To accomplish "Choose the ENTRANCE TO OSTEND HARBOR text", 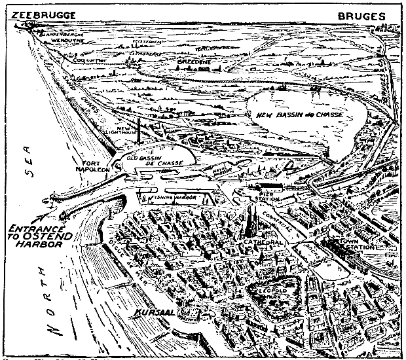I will click(40, 236).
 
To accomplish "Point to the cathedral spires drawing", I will click(251, 223).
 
